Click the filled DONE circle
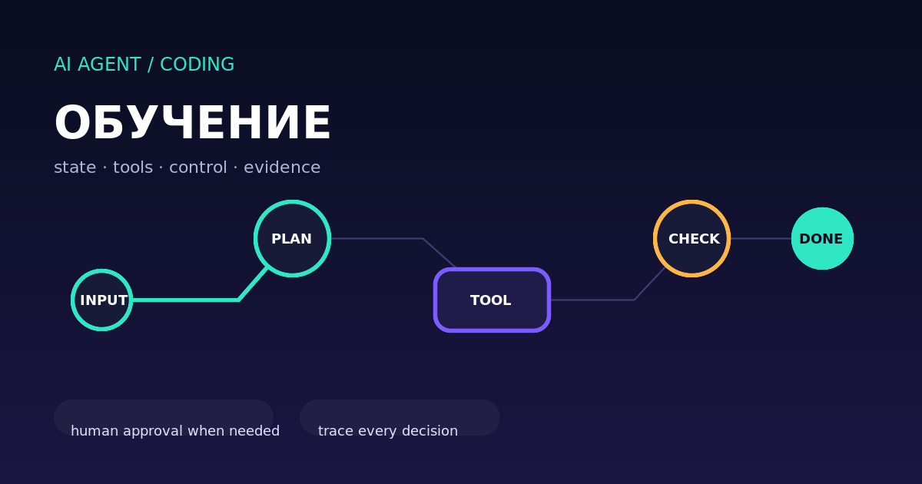click(x=822, y=239)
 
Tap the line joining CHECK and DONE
click(x=761, y=239)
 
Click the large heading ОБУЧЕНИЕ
click(x=192, y=123)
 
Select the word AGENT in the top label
click(x=109, y=65)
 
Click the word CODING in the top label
click(x=197, y=65)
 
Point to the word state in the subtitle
click(x=75, y=167)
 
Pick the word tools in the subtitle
click(x=132, y=167)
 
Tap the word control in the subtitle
click(x=198, y=167)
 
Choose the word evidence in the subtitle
click(x=282, y=167)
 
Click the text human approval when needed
click(x=175, y=431)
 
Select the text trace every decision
click(x=388, y=431)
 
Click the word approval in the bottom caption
click(x=153, y=432)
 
